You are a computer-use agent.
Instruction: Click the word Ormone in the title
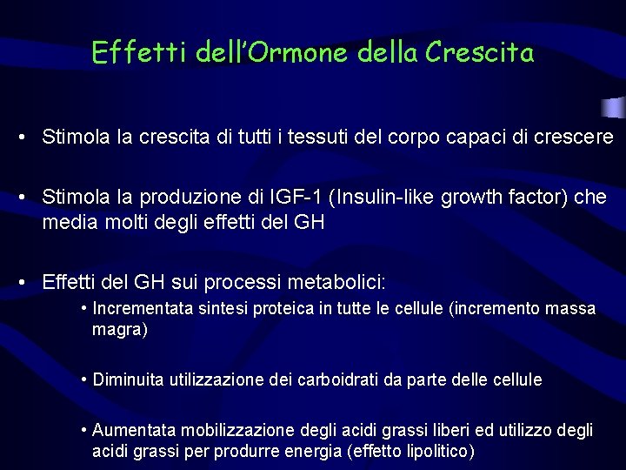(x=301, y=54)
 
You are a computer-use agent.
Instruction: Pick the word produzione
(x=195, y=198)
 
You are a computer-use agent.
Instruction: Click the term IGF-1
(x=296, y=198)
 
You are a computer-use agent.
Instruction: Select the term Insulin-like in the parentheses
(x=386, y=198)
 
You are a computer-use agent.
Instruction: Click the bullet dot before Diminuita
(x=83, y=380)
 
